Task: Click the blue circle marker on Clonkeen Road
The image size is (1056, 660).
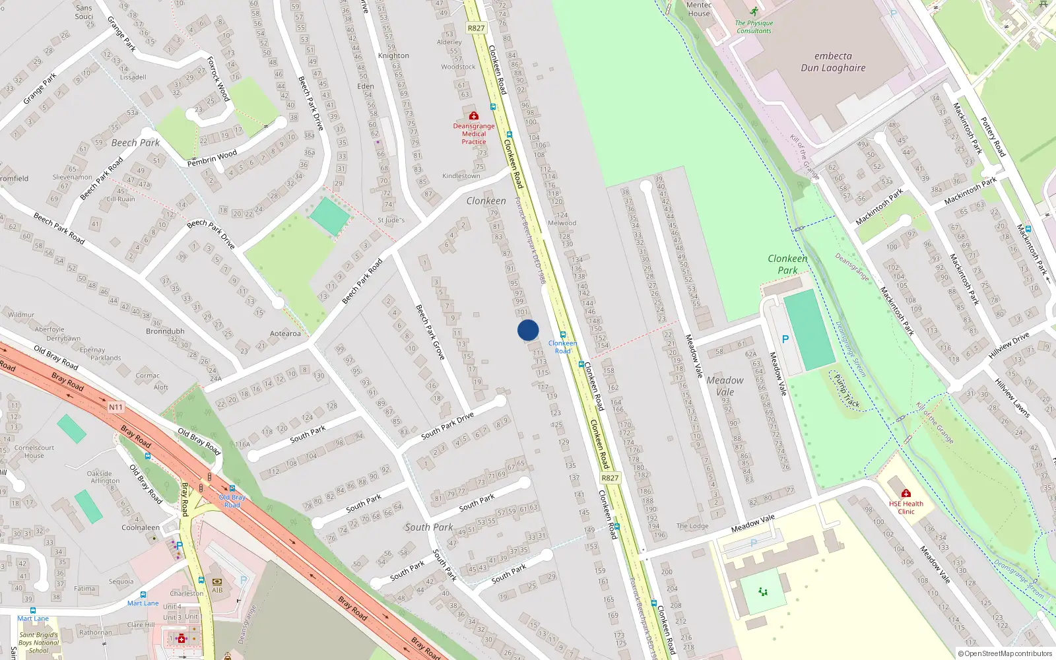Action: [528, 330]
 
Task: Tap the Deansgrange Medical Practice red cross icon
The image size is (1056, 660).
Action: [473, 116]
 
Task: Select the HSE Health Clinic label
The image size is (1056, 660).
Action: [906, 508]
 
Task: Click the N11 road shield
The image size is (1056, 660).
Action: [115, 407]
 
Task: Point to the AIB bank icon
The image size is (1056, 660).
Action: [217, 581]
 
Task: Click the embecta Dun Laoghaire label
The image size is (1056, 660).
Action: [833, 62]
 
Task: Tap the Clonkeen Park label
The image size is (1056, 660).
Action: [787, 264]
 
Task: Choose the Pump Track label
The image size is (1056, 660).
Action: [847, 390]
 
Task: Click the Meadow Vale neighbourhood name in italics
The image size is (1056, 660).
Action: [725, 385]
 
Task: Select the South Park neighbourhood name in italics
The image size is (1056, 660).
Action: [429, 527]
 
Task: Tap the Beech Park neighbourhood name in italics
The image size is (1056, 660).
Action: [135, 143]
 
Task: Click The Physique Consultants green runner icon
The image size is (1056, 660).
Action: [754, 12]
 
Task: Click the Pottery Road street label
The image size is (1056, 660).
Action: [993, 137]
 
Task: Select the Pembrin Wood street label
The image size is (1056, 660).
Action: [212, 158]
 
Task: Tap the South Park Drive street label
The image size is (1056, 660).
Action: [447, 426]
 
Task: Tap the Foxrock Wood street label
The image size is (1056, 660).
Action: [218, 79]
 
